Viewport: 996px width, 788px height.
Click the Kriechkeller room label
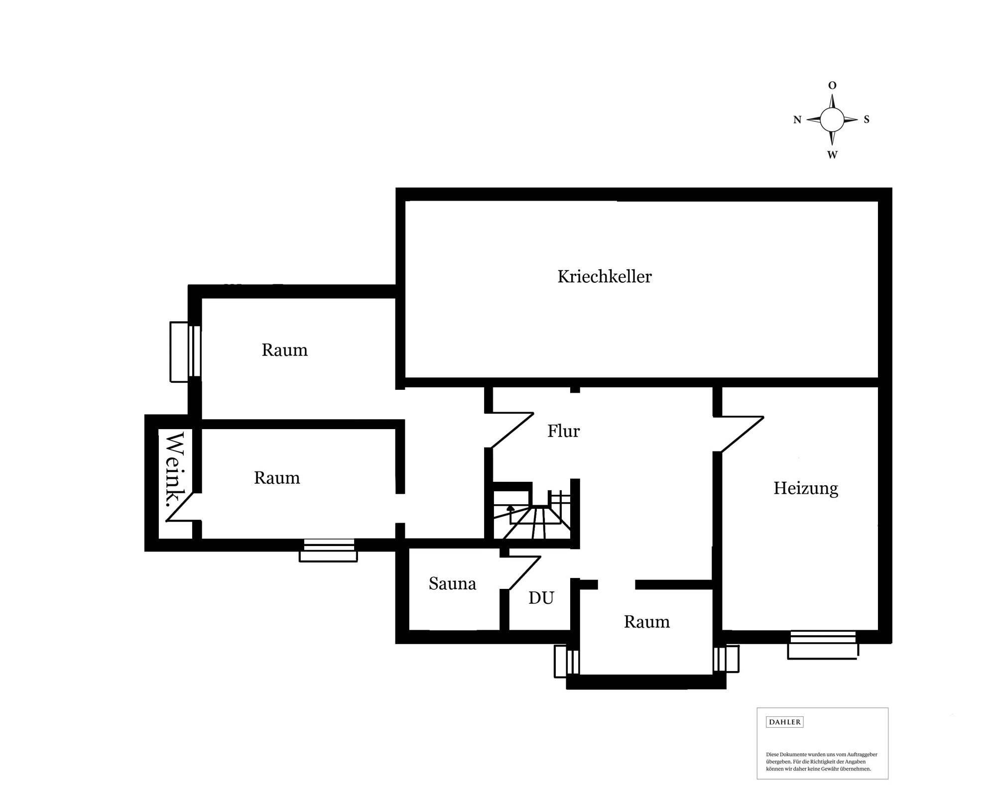(604, 277)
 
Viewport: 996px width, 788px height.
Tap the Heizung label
(805, 488)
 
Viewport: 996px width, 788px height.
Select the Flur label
(563, 431)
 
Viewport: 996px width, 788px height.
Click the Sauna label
(452, 583)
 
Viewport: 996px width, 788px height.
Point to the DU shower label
(541, 598)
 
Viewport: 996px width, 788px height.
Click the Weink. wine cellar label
(175, 469)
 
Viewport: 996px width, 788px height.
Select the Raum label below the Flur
(646, 622)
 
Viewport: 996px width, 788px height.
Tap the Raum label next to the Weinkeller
(277, 478)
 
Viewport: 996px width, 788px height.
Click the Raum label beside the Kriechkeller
(284, 350)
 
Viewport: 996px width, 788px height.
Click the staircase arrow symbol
(510, 509)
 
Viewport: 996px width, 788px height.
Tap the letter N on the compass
(797, 120)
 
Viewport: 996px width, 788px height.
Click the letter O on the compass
(832, 86)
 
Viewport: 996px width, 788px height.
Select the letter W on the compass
(832, 155)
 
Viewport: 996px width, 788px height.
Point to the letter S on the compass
(867, 119)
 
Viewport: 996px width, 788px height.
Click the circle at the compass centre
(832, 119)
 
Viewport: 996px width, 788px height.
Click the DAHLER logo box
(784, 722)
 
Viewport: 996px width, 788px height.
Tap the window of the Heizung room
(823, 646)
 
